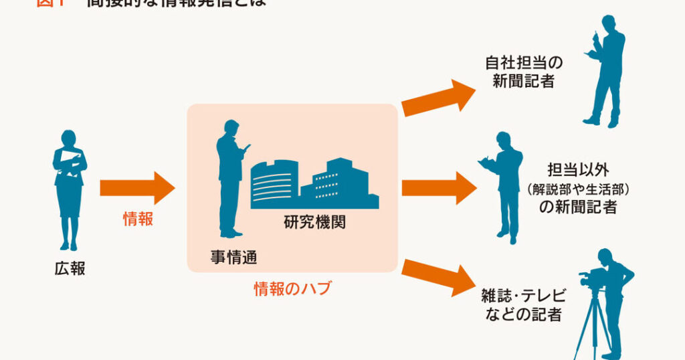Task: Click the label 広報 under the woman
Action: click(70, 269)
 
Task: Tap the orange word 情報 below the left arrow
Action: click(138, 219)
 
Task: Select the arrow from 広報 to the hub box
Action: click(136, 187)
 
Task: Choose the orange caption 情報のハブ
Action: click(292, 289)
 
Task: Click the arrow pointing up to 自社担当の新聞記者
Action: click(439, 98)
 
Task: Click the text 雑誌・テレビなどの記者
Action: click(523, 305)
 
